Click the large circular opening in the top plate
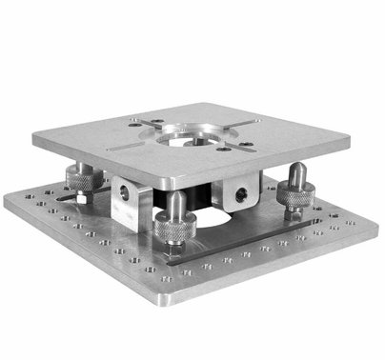click(x=195, y=139)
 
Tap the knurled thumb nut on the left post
click(x=81, y=176)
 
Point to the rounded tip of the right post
click(x=296, y=170)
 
